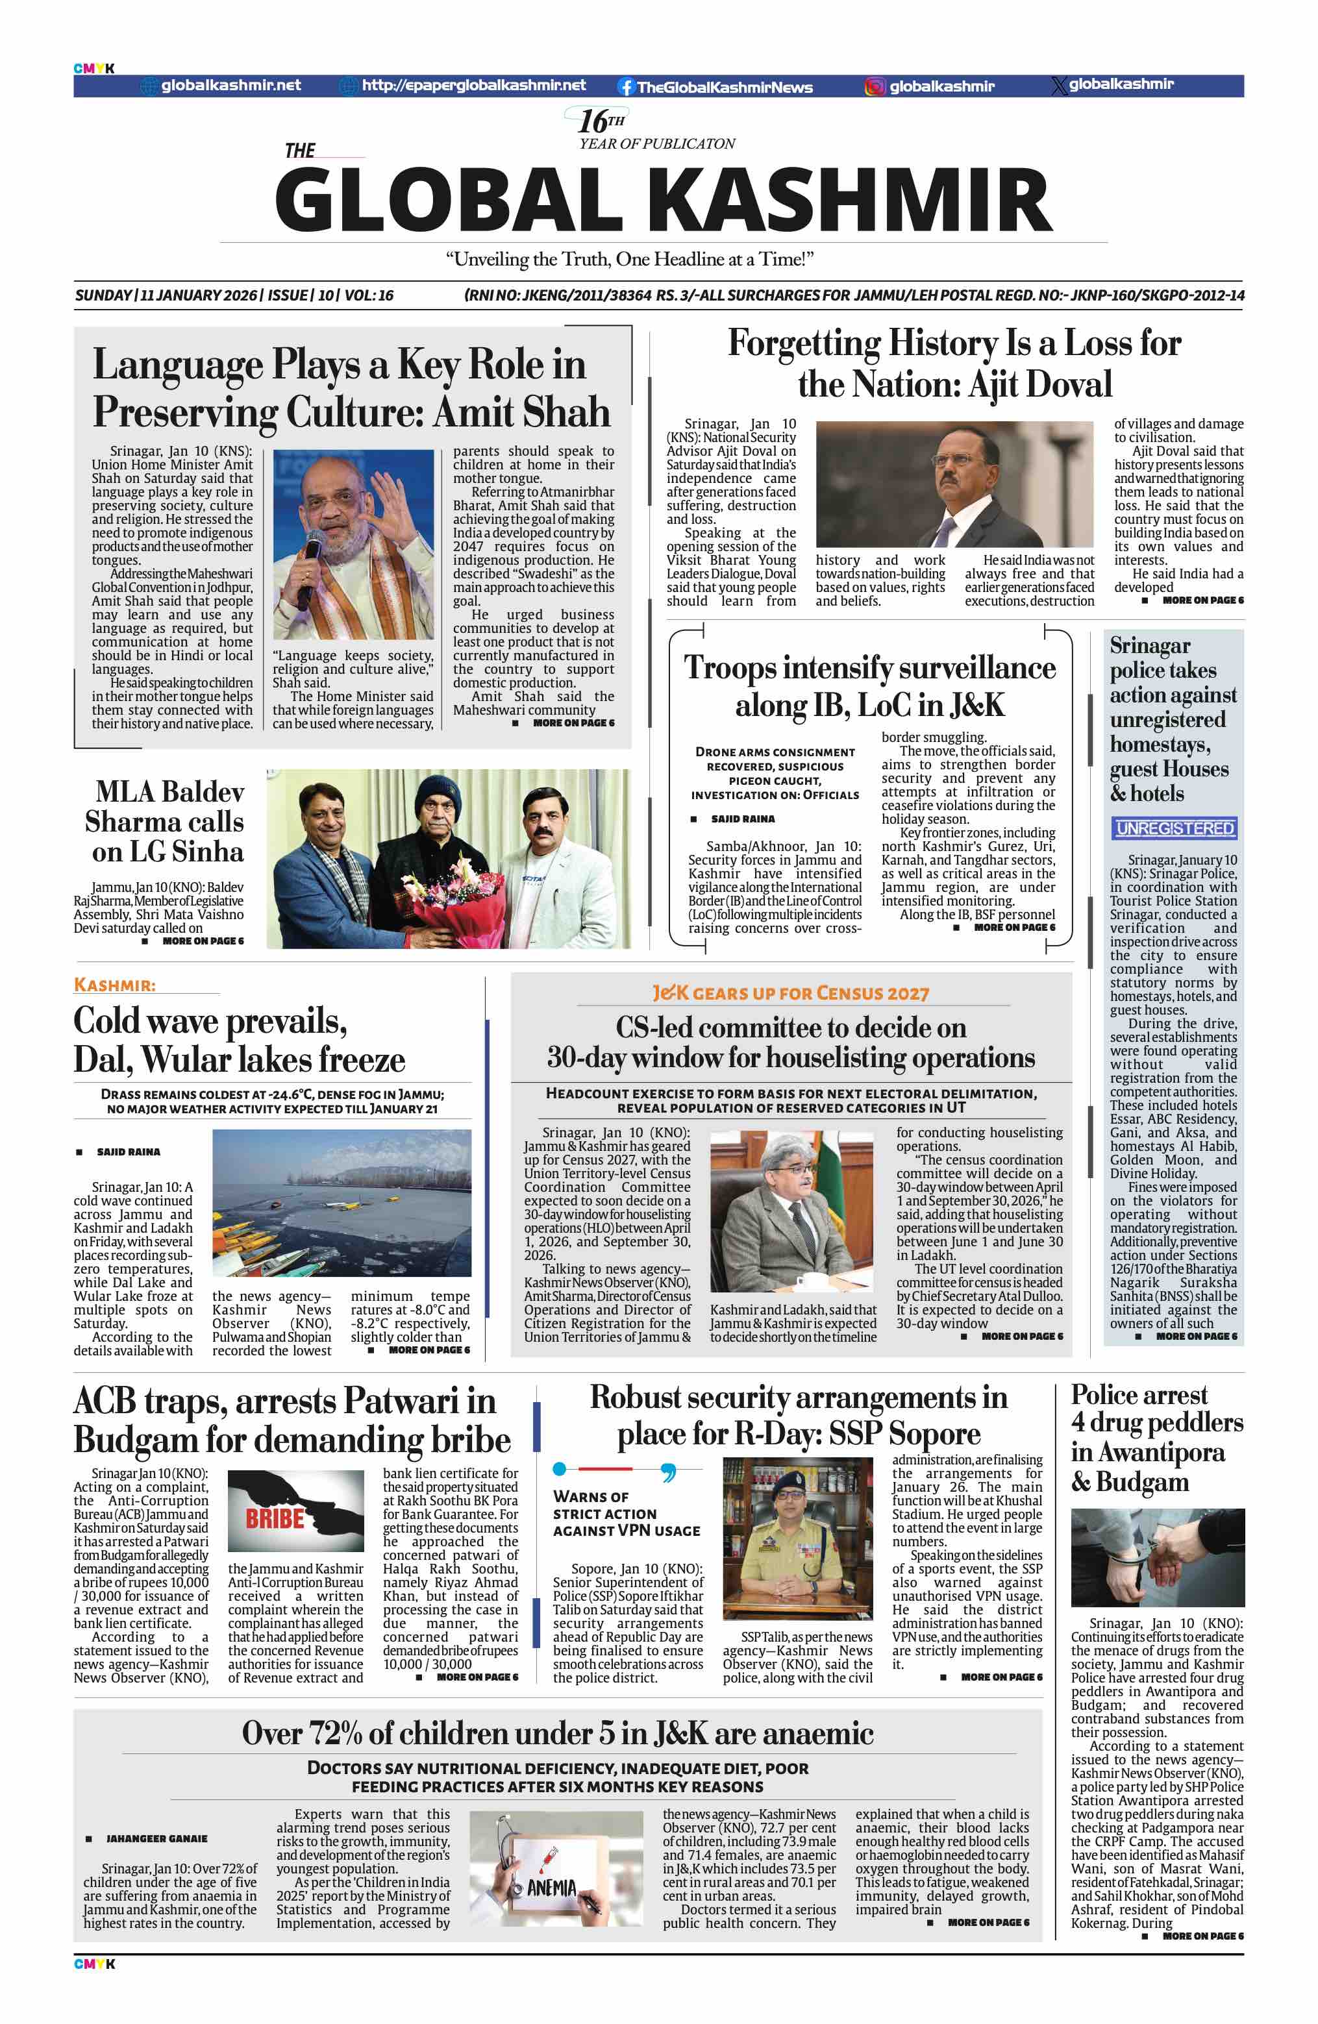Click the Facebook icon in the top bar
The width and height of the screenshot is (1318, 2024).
[626, 87]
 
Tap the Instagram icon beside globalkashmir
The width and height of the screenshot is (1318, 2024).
[874, 87]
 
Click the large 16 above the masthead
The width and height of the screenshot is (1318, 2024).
[593, 121]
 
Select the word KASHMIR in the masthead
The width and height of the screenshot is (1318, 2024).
[851, 201]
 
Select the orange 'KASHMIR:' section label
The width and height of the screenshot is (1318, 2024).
[115, 985]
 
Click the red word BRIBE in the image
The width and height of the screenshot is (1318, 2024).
[274, 1519]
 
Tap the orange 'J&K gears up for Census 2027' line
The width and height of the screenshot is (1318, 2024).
[790, 993]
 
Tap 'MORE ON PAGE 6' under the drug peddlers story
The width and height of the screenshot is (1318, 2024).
[1202, 1936]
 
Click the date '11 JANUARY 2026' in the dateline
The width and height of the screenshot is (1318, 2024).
[199, 295]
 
